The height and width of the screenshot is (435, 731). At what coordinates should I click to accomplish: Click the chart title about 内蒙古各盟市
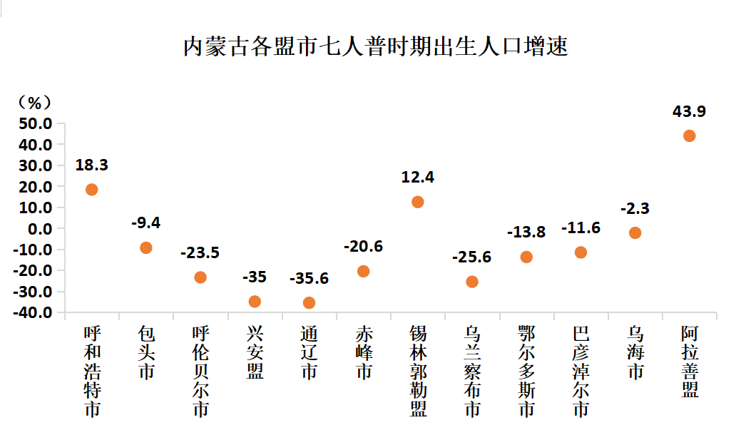point(375,46)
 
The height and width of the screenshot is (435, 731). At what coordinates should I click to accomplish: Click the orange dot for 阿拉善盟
point(689,135)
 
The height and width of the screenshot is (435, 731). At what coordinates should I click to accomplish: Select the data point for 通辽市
point(309,302)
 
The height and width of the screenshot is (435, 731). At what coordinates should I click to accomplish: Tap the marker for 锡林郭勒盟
point(418,202)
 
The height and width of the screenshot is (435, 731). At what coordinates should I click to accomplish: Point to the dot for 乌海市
point(635,232)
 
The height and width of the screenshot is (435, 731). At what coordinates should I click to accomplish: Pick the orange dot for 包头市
point(146,247)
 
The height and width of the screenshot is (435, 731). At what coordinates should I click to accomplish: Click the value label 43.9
point(689,111)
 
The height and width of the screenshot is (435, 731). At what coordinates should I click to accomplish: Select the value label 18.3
point(91,165)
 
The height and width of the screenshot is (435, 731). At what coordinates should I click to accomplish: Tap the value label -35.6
point(309,278)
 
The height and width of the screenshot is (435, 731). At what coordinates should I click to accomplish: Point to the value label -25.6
point(471,257)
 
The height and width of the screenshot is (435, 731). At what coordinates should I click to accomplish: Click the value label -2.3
point(635,208)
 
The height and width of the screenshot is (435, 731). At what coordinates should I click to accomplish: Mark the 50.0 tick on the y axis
point(36,123)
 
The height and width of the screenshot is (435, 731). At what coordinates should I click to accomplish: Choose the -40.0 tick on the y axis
point(34,312)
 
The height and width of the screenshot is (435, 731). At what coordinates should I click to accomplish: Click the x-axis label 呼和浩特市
point(92,371)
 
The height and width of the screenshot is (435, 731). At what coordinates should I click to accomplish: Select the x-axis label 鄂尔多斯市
point(526,371)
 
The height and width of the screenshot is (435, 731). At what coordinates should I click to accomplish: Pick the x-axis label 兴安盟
point(255,352)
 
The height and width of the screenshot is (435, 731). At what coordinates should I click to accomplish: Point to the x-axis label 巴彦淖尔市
point(581,371)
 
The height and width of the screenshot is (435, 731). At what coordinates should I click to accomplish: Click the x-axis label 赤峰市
point(364,352)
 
